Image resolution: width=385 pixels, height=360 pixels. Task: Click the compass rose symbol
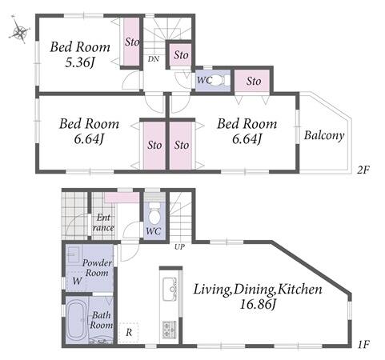(x=19, y=30)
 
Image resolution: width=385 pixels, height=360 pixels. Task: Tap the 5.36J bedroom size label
(x=80, y=63)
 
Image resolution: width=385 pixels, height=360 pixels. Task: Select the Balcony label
(x=324, y=135)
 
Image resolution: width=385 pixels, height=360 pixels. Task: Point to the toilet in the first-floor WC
(x=154, y=214)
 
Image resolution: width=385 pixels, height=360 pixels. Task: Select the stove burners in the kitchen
(x=169, y=330)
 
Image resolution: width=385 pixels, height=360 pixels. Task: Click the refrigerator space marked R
(x=129, y=332)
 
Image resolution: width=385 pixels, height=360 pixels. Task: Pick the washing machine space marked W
(x=77, y=281)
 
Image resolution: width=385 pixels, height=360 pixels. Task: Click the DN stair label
(x=154, y=59)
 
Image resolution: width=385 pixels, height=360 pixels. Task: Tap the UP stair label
(x=179, y=247)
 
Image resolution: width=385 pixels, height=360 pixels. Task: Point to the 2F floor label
(x=363, y=170)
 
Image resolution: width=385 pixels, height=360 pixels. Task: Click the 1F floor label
(x=363, y=345)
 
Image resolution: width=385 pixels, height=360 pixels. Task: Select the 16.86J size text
(x=257, y=304)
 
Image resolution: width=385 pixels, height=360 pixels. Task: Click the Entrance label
(x=103, y=222)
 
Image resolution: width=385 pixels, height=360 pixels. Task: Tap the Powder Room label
(x=97, y=268)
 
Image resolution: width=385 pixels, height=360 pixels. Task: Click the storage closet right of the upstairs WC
(x=252, y=81)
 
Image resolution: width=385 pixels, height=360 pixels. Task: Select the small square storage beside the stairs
(x=181, y=55)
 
